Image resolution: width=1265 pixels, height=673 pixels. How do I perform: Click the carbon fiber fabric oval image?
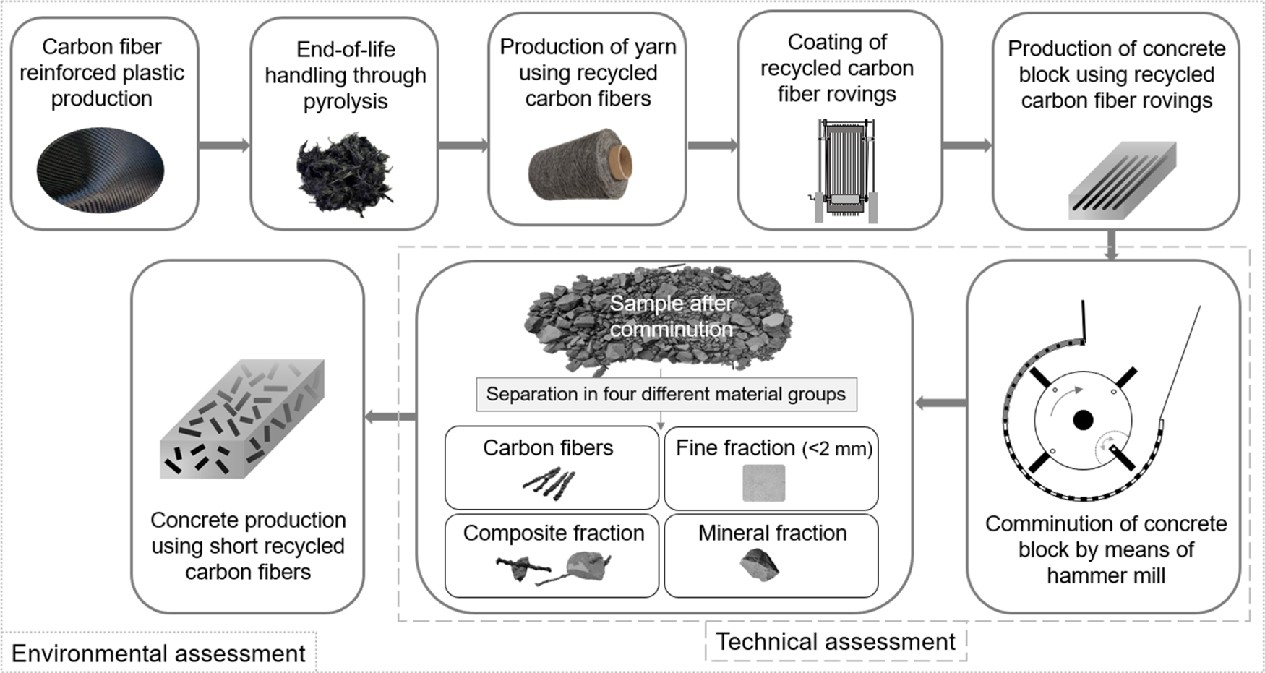pos(100,171)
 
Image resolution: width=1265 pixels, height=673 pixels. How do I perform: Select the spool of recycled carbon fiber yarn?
pos(582,165)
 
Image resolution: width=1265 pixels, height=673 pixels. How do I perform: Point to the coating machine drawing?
pos(842,171)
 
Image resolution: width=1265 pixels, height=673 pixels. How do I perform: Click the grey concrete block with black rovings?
pos(1122,180)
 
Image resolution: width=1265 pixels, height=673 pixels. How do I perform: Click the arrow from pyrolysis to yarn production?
pos(463,145)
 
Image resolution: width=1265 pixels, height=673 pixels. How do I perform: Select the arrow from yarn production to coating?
pos(712,145)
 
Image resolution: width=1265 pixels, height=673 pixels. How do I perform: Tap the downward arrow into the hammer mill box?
pos(1112,245)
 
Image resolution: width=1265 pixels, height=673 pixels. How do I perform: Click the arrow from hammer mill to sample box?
pos(941,403)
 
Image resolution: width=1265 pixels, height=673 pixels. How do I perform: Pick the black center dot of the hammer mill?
pos(1082,420)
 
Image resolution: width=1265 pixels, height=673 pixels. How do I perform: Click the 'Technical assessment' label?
pos(836,641)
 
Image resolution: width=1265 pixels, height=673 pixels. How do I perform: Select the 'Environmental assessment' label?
pos(158,653)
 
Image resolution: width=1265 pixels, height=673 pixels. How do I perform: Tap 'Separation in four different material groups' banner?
pos(666,394)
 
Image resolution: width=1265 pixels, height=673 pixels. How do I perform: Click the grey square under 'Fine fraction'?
pos(763,483)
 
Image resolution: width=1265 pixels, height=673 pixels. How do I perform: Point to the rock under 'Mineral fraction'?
pos(760,565)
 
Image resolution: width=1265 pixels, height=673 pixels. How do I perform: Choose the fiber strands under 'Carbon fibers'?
pos(549,483)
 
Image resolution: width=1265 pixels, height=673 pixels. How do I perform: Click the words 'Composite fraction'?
pos(554,533)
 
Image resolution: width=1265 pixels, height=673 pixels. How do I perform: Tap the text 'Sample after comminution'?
pos(672,316)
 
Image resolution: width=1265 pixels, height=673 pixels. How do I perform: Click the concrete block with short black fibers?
pos(241,419)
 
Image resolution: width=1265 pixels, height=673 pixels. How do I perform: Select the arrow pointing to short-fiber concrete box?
pos(390,416)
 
